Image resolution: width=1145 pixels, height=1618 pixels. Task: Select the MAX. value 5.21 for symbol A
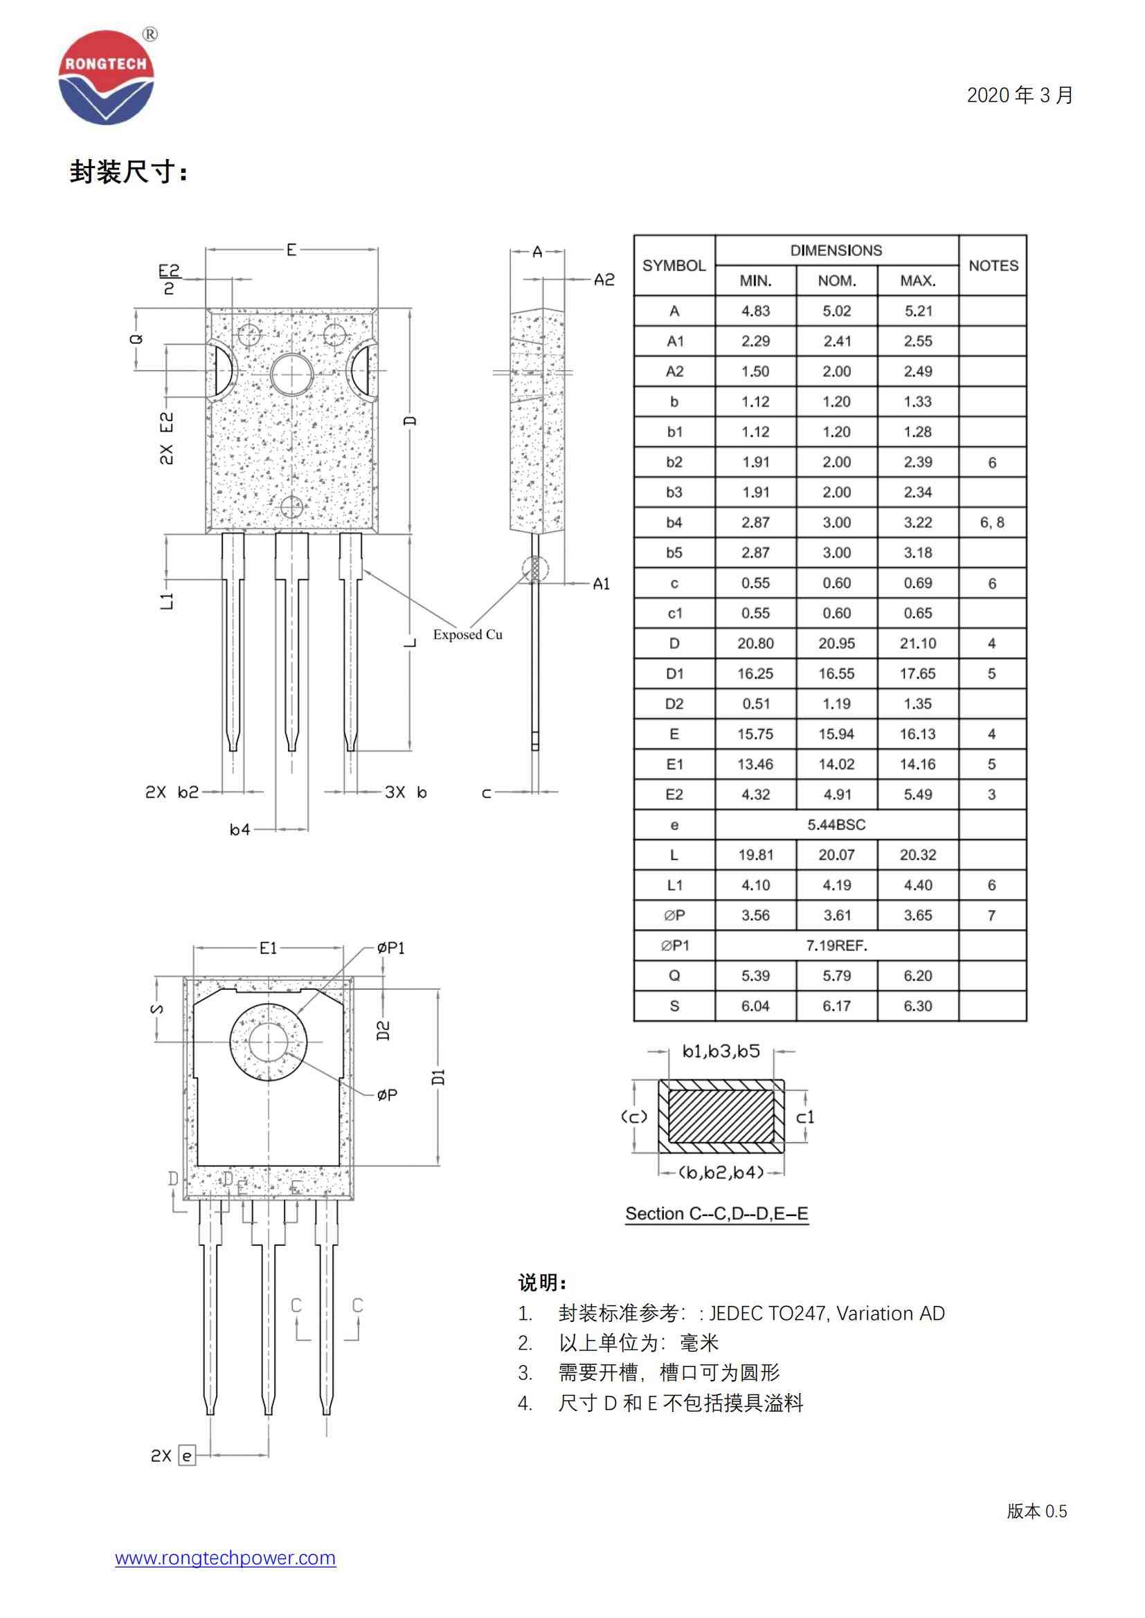tap(917, 311)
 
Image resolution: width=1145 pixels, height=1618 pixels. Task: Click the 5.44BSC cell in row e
tap(836, 825)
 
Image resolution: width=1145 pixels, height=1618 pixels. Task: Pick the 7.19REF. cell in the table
tap(836, 946)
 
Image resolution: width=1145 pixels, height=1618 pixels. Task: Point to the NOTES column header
tap(993, 266)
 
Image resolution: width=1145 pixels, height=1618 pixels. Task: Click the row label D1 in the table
tap(674, 674)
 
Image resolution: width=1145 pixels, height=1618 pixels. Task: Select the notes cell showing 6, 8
tap(991, 522)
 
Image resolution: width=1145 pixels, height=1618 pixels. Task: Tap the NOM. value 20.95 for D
tap(836, 643)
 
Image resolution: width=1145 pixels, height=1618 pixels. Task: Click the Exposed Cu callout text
tap(467, 634)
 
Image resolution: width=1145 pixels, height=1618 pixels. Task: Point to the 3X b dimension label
tap(406, 792)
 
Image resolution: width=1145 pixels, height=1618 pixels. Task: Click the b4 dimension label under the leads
tap(240, 829)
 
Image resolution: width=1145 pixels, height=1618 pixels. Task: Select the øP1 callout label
tap(390, 948)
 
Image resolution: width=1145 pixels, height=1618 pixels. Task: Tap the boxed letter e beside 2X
tap(187, 1455)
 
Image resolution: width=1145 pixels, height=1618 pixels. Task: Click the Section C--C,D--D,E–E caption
tap(716, 1213)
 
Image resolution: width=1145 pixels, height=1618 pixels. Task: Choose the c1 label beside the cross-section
tap(804, 1117)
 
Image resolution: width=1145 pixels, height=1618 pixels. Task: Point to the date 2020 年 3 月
tap(1020, 95)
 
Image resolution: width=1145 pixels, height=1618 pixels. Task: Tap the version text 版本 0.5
tap(1036, 1511)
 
